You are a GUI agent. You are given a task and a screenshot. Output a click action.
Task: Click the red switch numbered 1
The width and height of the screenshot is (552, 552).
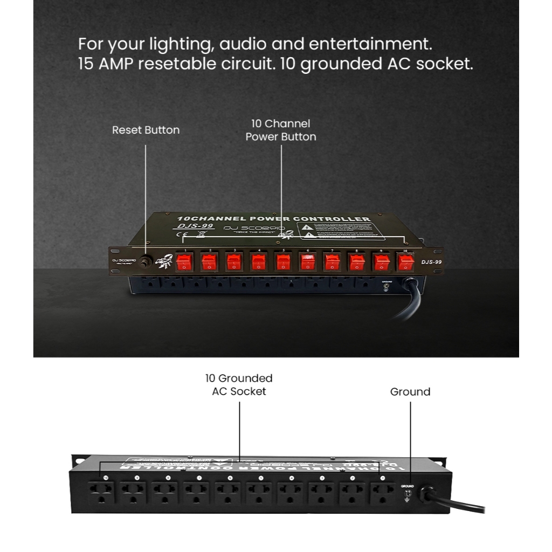click(x=184, y=263)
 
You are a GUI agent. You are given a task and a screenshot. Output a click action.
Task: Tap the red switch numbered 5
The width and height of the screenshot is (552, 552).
click(x=283, y=263)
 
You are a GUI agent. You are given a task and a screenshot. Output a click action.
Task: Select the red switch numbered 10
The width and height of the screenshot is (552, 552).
click(x=405, y=263)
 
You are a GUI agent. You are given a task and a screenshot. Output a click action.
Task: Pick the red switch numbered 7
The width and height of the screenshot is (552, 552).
click(x=332, y=263)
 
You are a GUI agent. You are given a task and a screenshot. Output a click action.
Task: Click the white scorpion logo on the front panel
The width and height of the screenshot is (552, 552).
click(x=163, y=261)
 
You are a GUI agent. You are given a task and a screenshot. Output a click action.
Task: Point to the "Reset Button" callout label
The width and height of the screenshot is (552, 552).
click(x=146, y=130)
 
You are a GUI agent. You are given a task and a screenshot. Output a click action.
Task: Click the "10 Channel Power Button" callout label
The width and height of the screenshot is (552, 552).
click(x=281, y=130)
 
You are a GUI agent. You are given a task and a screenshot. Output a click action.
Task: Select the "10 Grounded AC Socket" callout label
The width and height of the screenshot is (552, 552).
click(x=239, y=385)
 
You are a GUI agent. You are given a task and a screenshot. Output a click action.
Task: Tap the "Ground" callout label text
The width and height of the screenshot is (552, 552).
click(x=410, y=392)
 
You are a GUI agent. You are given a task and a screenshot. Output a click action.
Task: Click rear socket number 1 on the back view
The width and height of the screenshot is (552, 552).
click(x=383, y=492)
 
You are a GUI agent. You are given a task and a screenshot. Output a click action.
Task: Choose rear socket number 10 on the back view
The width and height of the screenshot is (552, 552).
click(x=102, y=492)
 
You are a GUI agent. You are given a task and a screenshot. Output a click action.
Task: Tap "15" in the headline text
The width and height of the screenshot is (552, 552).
click(x=85, y=64)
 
